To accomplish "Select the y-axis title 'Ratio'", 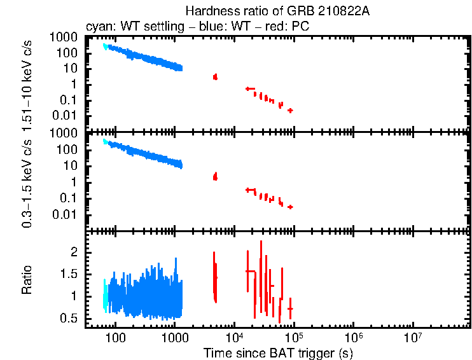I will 27,280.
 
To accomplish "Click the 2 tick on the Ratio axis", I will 73,253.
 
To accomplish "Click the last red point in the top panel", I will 290,110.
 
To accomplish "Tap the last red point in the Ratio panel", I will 290,308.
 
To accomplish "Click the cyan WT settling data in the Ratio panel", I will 106,296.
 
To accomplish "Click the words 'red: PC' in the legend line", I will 290,28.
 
